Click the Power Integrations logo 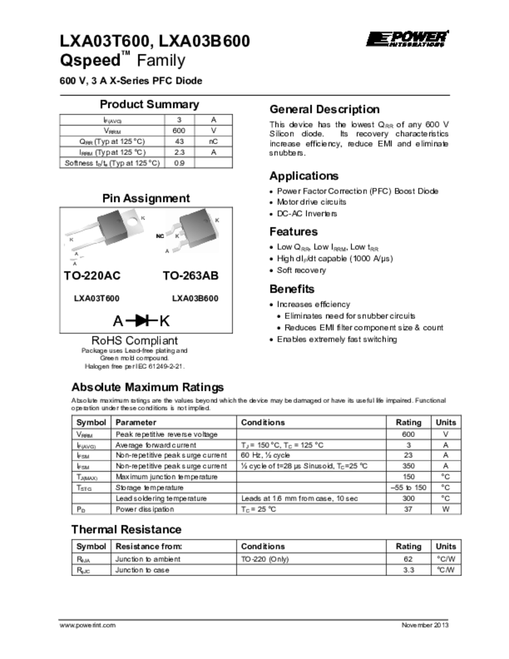[x=407, y=39]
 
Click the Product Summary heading [x=149, y=104]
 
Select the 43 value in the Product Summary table [x=180, y=141]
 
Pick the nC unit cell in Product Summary [x=214, y=141]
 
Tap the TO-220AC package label [x=92, y=275]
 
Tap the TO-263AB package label [x=190, y=275]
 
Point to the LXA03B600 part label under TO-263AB [x=195, y=299]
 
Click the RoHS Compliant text [x=134, y=340]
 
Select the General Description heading [x=324, y=109]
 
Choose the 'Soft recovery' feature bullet [x=301, y=270]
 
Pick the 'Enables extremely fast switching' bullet [x=337, y=339]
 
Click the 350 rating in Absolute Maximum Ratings [x=407, y=466]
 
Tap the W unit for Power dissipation [x=445, y=509]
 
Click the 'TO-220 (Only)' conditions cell [x=265, y=559]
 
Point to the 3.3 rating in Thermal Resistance [x=407, y=570]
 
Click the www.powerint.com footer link [x=88, y=626]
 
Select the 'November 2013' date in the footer [x=425, y=626]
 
